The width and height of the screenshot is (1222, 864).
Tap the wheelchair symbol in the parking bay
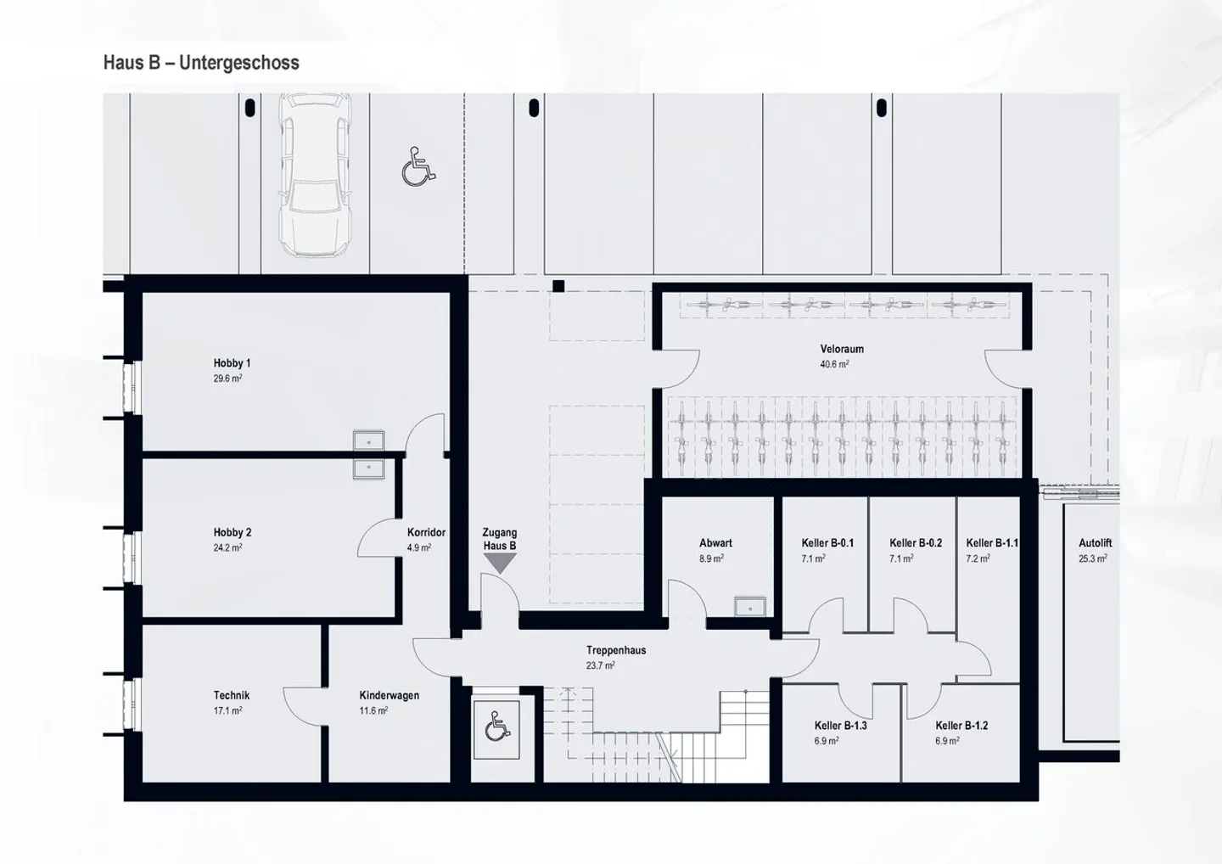(418, 166)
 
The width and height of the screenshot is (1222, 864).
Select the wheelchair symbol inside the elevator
(496, 727)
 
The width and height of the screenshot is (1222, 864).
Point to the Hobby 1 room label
(232, 363)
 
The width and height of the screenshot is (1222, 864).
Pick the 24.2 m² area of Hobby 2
(227, 548)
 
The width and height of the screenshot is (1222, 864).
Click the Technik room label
(232, 695)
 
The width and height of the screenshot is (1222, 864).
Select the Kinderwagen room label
(389, 695)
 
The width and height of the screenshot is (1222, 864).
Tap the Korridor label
(426, 533)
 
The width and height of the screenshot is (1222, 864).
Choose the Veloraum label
(842, 349)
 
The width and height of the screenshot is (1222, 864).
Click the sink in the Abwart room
(750, 607)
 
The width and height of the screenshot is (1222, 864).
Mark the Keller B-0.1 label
(827, 543)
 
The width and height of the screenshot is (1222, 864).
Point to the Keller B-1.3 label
(840, 726)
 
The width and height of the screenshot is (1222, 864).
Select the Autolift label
(1095, 543)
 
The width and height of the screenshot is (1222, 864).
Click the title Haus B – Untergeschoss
(201, 63)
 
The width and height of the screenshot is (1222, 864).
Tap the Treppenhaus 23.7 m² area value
(601, 666)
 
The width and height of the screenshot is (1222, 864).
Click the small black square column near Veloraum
(558, 287)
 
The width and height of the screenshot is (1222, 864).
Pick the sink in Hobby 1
(368, 440)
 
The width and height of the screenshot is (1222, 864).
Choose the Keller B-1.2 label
(961, 726)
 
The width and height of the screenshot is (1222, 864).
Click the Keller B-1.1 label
(992, 543)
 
